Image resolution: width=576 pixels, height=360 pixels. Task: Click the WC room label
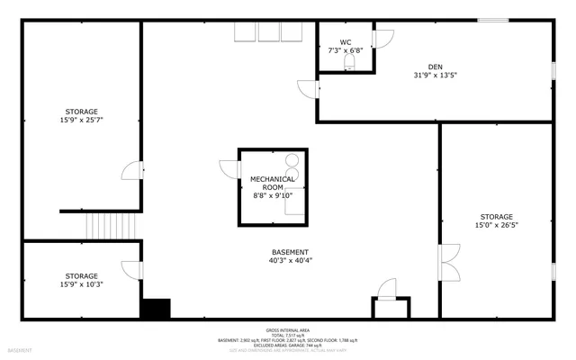(x=346, y=42)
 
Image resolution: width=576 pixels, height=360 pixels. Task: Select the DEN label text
(x=435, y=67)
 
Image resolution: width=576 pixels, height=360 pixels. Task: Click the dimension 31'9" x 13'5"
(x=435, y=76)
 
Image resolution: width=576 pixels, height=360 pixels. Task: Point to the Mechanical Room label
(x=273, y=183)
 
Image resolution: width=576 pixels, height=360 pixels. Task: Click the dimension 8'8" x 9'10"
(x=273, y=195)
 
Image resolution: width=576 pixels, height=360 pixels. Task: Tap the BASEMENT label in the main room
(x=290, y=252)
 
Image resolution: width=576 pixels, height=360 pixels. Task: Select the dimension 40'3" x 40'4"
(x=290, y=261)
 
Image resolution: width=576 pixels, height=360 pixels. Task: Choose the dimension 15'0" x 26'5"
(x=496, y=225)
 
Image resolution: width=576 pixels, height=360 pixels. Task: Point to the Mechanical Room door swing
(x=228, y=168)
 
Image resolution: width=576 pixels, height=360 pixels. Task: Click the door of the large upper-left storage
(x=131, y=171)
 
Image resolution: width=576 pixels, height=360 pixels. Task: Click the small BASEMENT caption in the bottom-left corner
(x=20, y=349)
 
